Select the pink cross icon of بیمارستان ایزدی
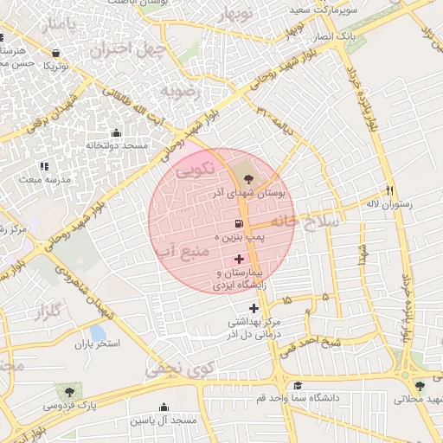239,260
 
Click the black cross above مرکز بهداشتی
254,308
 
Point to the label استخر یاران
96,344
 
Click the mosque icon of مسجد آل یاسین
164,407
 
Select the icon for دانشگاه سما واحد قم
298,385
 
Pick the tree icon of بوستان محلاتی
420,386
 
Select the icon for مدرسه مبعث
44,166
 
